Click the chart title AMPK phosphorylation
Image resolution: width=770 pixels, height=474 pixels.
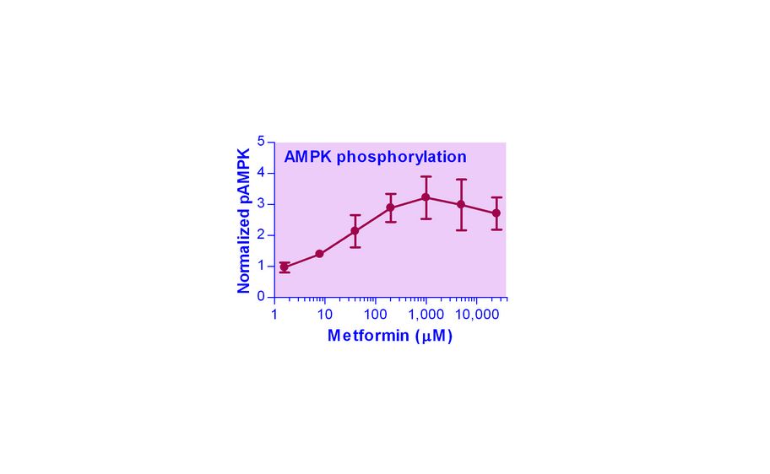375,157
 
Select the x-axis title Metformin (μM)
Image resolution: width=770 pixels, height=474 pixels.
389,337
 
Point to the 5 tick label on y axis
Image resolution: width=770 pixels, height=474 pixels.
261,141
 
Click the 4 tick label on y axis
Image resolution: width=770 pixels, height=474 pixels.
261,172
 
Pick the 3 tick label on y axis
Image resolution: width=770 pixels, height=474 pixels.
261,203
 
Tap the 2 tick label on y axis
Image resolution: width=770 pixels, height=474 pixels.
261,234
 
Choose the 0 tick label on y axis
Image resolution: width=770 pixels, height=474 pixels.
261,297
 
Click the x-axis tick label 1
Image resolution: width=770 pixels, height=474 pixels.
274,315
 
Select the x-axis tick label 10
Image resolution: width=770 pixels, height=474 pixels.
324,315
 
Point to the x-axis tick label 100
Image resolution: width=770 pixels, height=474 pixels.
375,315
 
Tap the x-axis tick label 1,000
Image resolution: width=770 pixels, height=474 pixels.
426,315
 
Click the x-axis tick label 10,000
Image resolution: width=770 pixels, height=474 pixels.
475,315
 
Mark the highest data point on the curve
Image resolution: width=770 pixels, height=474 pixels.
426,197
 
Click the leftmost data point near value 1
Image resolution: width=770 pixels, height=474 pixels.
284,267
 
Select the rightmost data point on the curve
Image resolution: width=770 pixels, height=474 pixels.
496,213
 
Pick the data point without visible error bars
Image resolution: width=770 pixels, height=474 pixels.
319,254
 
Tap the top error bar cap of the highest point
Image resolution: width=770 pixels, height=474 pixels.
426,177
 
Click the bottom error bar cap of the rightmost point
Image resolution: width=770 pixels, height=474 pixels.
496,229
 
